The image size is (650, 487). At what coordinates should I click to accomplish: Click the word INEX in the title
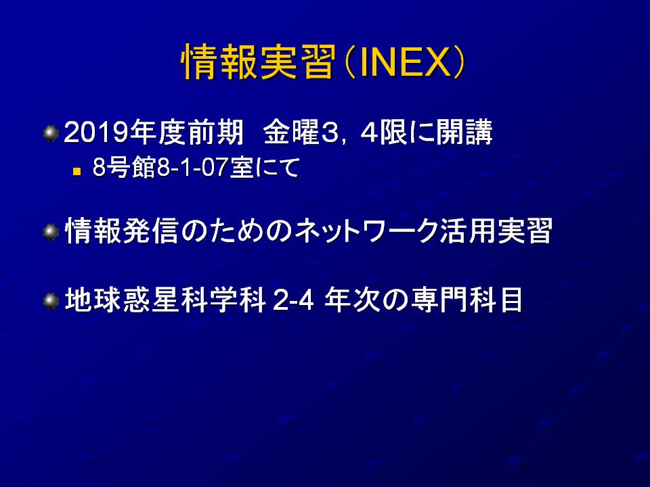click(406, 62)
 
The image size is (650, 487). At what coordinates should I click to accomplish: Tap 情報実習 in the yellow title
click(258, 62)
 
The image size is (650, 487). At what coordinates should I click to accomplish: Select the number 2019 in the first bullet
click(96, 133)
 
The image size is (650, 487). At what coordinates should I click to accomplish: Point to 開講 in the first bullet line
click(464, 133)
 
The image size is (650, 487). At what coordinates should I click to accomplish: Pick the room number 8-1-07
click(192, 168)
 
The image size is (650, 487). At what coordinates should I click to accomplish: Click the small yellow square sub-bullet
click(77, 170)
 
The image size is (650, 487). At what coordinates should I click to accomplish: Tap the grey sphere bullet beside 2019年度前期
click(51, 133)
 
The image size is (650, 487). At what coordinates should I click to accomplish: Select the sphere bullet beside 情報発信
click(51, 232)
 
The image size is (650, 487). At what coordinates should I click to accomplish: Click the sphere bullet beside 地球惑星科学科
click(51, 300)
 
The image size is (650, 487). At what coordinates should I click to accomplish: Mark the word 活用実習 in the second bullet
click(496, 231)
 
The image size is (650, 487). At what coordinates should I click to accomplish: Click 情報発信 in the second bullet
click(122, 231)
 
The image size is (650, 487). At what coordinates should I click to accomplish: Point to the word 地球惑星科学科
click(165, 300)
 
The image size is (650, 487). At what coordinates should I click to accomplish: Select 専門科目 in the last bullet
click(466, 300)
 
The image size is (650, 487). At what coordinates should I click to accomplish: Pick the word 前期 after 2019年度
click(215, 133)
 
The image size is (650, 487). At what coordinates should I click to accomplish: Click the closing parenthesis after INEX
click(458, 62)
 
